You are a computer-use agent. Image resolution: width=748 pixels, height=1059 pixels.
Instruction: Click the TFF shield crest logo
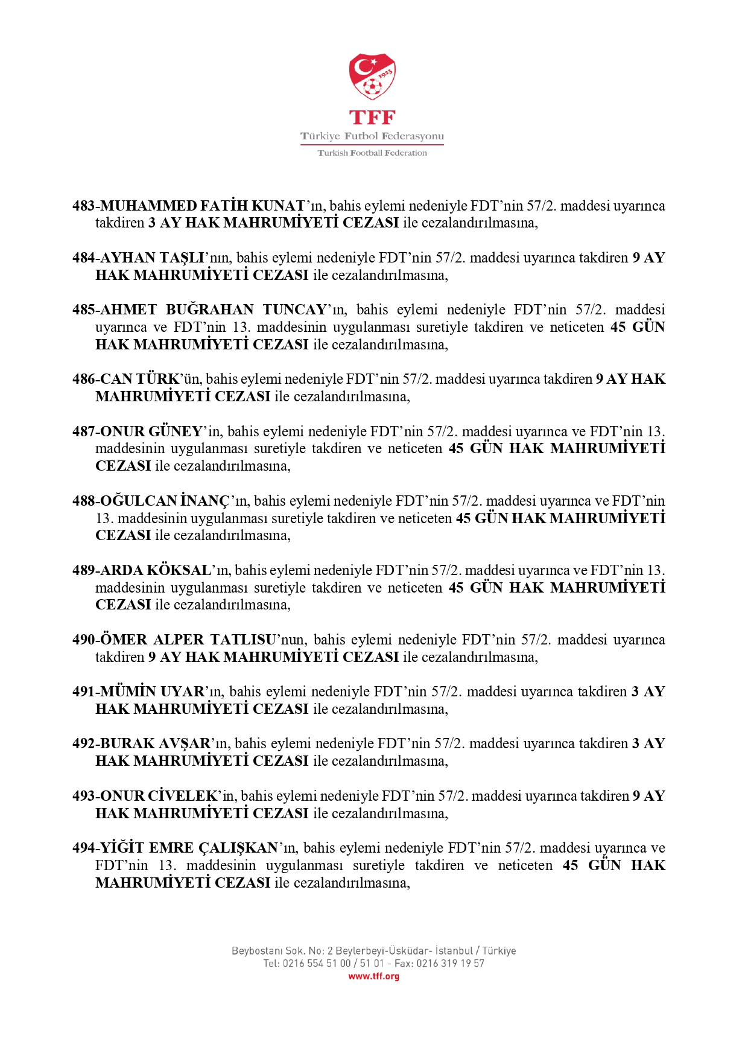pos(372,77)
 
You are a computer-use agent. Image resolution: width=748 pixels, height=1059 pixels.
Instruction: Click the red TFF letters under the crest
pos(372,117)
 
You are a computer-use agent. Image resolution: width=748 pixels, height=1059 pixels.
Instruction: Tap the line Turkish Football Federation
pos(372,153)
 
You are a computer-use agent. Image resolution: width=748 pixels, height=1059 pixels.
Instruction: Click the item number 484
pos(83,258)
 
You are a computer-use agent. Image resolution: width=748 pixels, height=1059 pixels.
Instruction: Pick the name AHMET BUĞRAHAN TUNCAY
pos(213,310)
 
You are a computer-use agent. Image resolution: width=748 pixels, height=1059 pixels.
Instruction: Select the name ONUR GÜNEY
pos(151,431)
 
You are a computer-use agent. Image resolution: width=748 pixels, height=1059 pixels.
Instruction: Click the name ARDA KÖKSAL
pos(155,570)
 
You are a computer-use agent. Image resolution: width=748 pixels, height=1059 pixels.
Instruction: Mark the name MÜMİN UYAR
pos(152,692)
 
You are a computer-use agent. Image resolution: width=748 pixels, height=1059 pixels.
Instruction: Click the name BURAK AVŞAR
pos(155,743)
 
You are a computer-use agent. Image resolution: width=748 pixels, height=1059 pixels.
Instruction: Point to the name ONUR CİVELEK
pos(158,796)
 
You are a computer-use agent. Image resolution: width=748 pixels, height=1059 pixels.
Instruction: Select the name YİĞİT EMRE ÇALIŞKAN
pos(189,848)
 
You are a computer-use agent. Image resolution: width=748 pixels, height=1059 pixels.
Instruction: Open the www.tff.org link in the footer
pos(373,976)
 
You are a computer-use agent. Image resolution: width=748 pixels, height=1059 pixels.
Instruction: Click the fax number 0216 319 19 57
pos(450,964)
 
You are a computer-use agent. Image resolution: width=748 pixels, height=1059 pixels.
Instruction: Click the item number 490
pos(83,640)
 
